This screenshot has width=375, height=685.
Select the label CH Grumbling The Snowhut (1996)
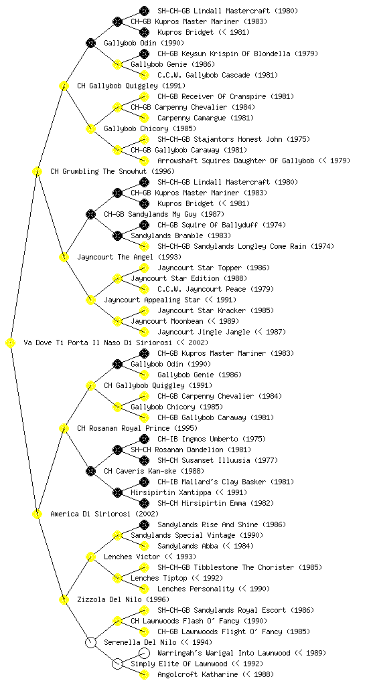point(112,171)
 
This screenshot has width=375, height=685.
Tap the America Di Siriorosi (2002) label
point(104,514)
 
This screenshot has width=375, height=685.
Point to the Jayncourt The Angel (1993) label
point(129,257)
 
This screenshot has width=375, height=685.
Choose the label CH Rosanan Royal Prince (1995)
point(137,428)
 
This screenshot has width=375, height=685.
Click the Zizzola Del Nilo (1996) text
point(123,599)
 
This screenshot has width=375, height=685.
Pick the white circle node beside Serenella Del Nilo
point(90,642)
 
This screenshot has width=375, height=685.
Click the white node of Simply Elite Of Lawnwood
point(117,664)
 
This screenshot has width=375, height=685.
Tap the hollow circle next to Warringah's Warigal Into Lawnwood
point(144,653)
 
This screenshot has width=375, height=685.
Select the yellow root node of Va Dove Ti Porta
point(11,342)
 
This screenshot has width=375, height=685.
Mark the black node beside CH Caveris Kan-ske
point(90,471)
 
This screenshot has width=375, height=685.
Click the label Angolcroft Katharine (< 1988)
point(216,674)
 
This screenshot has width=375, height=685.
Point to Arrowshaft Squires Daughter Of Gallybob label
point(236,161)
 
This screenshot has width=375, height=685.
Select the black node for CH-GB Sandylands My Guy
point(90,214)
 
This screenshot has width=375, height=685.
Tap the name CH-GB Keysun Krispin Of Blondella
point(224,54)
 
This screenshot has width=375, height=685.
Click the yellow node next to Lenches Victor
point(90,557)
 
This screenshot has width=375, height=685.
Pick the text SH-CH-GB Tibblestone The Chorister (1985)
point(240,567)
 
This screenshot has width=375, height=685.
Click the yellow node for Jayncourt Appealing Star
point(90,300)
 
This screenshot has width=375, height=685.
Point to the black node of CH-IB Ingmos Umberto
point(144,439)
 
